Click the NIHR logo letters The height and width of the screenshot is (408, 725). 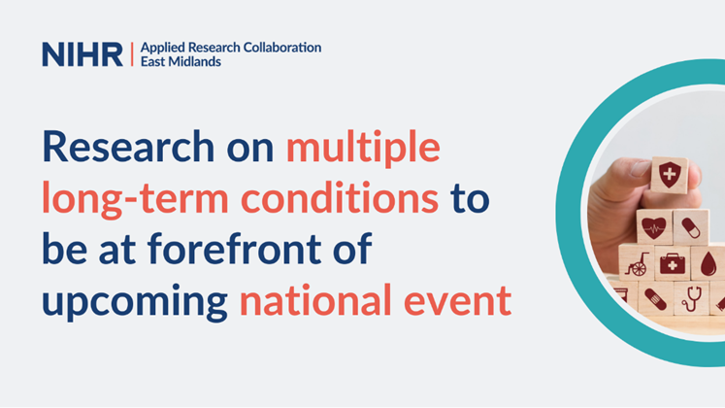[x=82, y=54]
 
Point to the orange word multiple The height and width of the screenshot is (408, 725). [x=363, y=149]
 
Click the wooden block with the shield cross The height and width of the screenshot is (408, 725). [x=669, y=178]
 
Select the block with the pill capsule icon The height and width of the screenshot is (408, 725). [x=690, y=228]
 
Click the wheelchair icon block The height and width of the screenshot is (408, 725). [x=637, y=263]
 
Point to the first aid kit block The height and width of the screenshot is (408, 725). [x=672, y=263]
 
